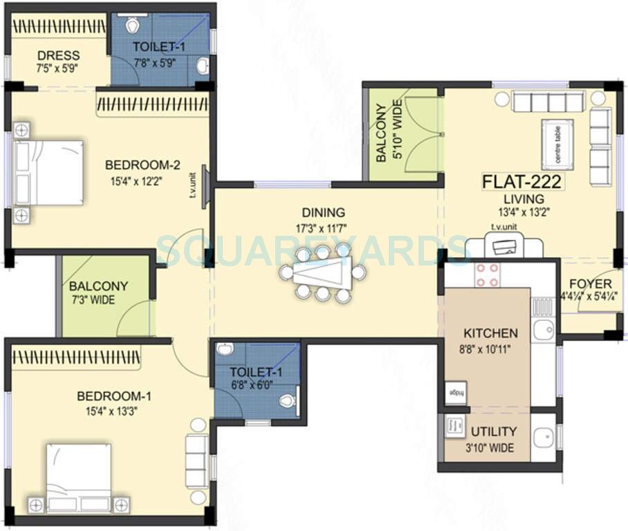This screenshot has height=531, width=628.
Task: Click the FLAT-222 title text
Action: (x=522, y=183)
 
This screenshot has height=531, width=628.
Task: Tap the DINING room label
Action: (x=323, y=213)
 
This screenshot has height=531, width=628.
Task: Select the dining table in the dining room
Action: (x=322, y=272)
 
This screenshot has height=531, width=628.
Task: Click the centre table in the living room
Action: (x=557, y=144)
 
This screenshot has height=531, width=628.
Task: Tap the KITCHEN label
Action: (x=490, y=333)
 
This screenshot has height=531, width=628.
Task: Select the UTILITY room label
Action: (x=494, y=432)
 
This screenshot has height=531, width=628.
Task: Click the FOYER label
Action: (x=590, y=284)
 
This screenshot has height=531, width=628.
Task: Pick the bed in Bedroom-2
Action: (x=48, y=173)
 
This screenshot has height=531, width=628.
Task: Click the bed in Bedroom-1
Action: (x=78, y=477)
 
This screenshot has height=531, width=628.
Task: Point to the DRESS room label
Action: (x=59, y=55)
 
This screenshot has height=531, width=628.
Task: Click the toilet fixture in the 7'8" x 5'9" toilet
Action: (x=133, y=25)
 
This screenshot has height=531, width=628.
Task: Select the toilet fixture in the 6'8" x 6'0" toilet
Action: (x=287, y=400)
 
